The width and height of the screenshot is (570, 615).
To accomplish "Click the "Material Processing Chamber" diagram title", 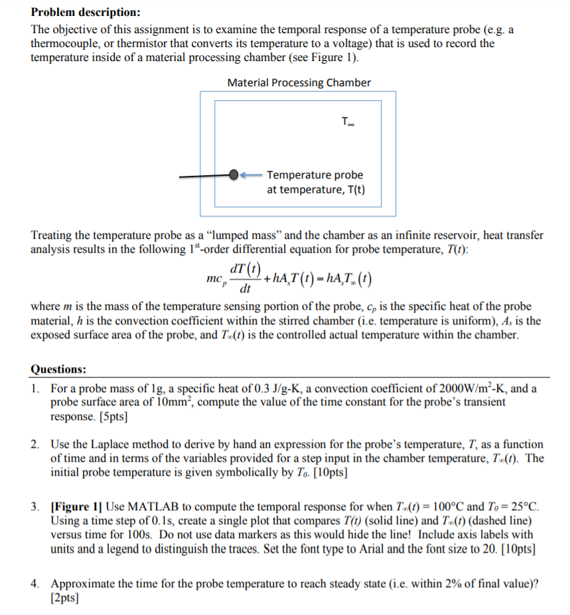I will pyautogui.click(x=299, y=83).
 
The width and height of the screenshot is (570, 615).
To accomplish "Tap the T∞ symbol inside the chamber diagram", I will pyautogui.click(x=348, y=121).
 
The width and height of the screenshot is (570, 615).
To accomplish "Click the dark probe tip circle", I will pyautogui.click(x=234, y=175).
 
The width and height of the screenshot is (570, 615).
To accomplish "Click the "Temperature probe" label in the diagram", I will pyautogui.click(x=315, y=175).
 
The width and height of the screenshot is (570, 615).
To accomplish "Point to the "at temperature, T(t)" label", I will pyautogui.click(x=315, y=190).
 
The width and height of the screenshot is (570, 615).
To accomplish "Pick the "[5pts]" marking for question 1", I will pyautogui.click(x=113, y=417).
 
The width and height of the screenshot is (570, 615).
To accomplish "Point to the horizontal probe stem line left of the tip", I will pyautogui.click(x=203, y=176).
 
